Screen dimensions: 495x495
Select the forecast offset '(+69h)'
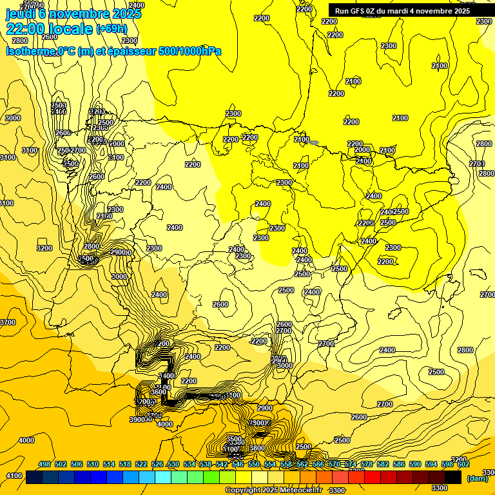[x=112, y=29]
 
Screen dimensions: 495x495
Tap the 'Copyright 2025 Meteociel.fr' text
[x=273, y=490]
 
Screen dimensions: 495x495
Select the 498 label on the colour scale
[x=44, y=464]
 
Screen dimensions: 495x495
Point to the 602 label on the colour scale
[x=463, y=464]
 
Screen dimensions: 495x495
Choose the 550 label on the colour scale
[x=254, y=464]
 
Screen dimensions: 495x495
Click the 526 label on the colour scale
[x=157, y=464]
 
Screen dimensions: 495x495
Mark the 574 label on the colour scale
[x=351, y=464]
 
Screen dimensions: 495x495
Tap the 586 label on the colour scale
[x=399, y=464]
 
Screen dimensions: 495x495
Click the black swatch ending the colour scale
[x=453, y=478]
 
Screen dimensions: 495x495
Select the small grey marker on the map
[x=314, y=142]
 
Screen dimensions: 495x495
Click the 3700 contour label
[x=7, y=322]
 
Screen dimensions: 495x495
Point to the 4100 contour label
[x=13, y=476]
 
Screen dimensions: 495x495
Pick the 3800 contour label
[x=257, y=448]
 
